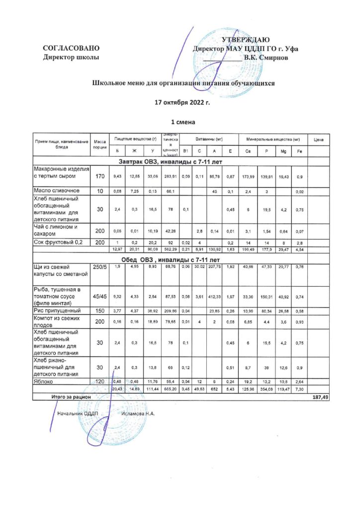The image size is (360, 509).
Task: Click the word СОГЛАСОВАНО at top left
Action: click(x=72, y=49)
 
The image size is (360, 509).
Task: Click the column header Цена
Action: click(x=319, y=141)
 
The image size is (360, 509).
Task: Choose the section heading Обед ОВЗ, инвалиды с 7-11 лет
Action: click(x=171, y=260)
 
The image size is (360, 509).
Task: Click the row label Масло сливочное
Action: click(x=56, y=191)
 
